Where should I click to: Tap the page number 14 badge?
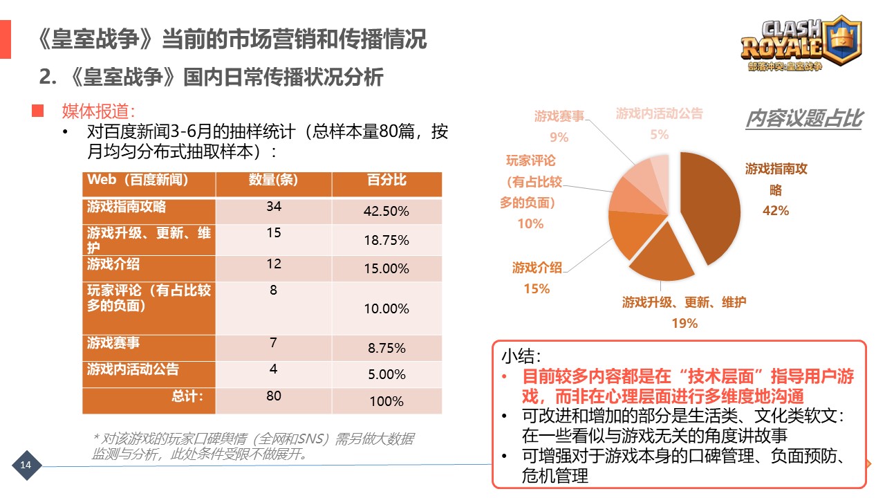pyautogui.click(x=26, y=464)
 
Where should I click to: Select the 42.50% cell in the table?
pyautogui.click(x=386, y=212)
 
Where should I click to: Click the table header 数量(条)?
pyautogui.click(x=273, y=181)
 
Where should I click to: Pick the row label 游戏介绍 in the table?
pyautogui.click(x=114, y=264)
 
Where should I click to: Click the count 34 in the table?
pyautogui.click(x=274, y=206)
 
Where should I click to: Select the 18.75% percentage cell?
pyautogui.click(x=386, y=241)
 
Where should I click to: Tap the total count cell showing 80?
pyautogui.click(x=274, y=396)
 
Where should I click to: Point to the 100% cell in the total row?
pyautogui.click(x=386, y=401)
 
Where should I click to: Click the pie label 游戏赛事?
pyautogui.click(x=559, y=116)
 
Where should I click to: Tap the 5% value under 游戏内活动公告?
pyautogui.click(x=659, y=135)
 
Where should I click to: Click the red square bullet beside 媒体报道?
pyautogui.click(x=37, y=110)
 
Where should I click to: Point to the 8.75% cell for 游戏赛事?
pyautogui.click(x=386, y=349)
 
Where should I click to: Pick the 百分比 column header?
pyautogui.click(x=386, y=181)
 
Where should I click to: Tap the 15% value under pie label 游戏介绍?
pyautogui.click(x=537, y=288)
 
